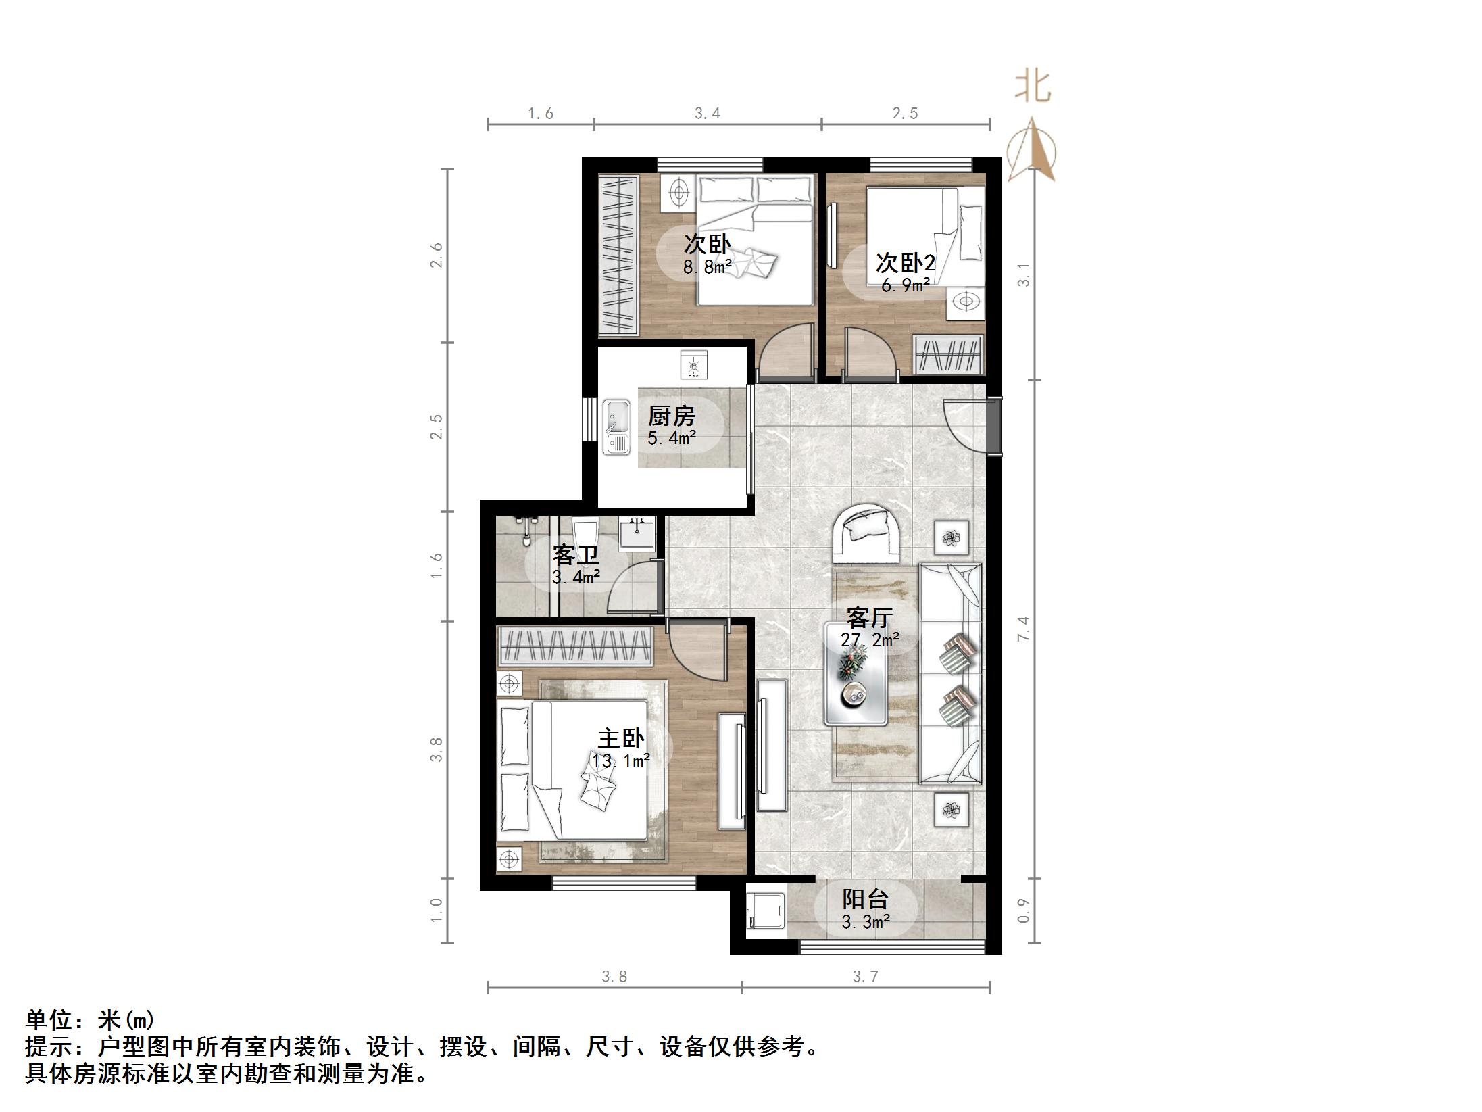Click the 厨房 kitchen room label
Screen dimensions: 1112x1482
671,416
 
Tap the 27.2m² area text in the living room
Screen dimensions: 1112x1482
870,639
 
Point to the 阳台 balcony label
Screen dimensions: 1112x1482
865,899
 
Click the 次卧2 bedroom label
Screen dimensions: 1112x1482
905,263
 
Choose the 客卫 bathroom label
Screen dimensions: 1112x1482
576,555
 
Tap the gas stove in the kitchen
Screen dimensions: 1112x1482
694,364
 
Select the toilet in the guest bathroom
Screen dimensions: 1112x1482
586,530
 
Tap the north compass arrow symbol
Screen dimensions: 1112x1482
1031,150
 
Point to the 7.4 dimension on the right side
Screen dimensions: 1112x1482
1024,629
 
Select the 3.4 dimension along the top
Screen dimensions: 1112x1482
707,114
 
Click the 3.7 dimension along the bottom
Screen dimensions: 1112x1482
865,977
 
